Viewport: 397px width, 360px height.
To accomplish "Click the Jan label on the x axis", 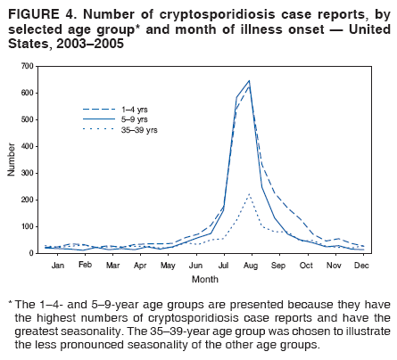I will point(58,266).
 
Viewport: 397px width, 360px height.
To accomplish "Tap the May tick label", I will point(168,266).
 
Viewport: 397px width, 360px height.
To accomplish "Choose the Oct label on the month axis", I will point(305,266).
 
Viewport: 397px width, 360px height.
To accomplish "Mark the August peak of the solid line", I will point(249,81).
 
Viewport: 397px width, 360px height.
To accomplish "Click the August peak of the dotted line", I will point(249,193).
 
